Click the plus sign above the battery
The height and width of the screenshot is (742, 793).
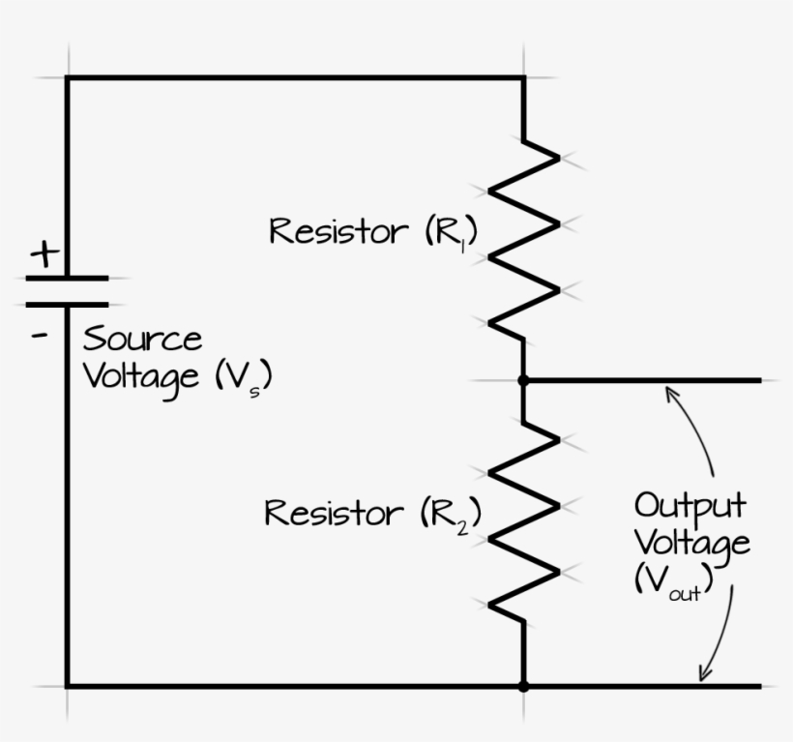(x=44, y=255)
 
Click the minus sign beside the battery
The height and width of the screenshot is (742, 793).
(x=42, y=338)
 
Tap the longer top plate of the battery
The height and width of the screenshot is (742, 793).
(x=67, y=278)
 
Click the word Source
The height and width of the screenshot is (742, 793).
(x=142, y=340)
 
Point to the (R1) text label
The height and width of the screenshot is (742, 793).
(x=452, y=233)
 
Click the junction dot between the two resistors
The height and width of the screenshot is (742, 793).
(x=523, y=381)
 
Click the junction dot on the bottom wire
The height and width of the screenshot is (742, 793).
(x=523, y=686)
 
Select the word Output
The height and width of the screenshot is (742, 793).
(x=690, y=506)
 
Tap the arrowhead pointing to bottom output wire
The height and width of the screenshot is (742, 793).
(x=704, y=674)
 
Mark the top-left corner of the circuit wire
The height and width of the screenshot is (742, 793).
(x=67, y=77)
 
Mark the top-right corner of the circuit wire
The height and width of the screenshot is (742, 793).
(x=523, y=77)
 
